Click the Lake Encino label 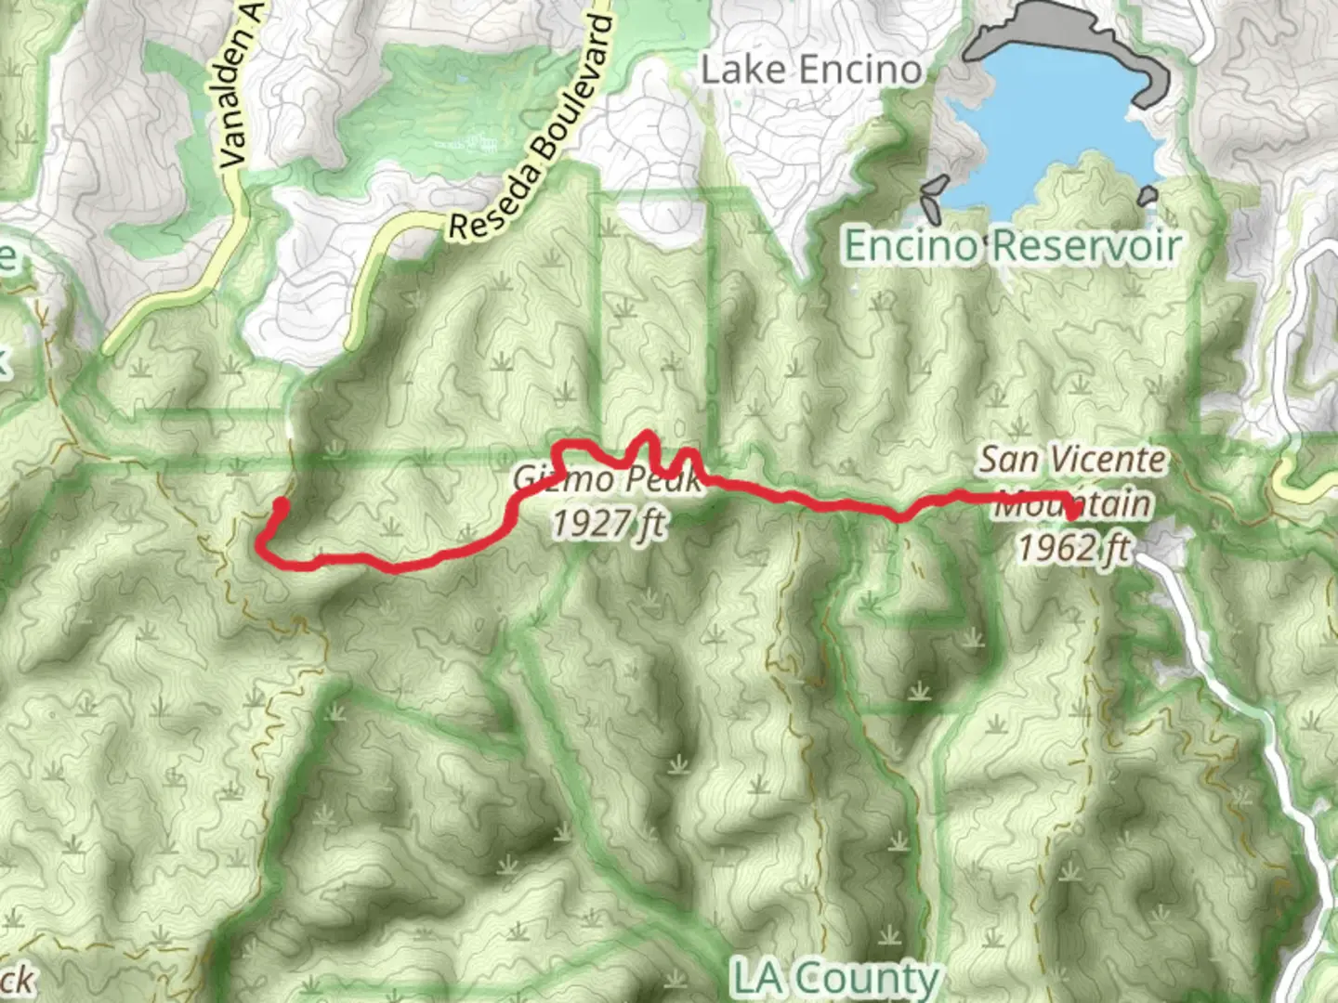811,70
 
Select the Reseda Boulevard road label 532,131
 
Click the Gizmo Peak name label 605,480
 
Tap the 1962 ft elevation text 1073,548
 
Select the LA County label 835,978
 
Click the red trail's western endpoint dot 280,505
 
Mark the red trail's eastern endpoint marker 1072,512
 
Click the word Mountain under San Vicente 1073,503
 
